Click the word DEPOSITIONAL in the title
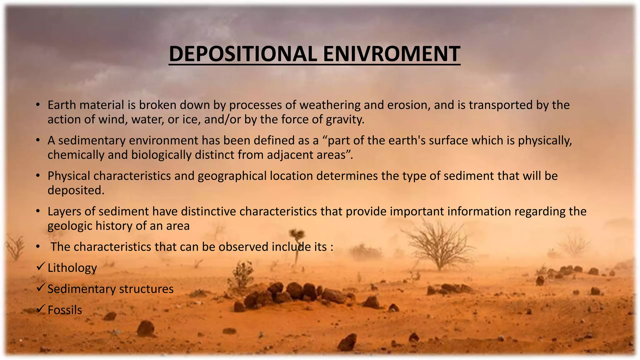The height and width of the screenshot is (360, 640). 244,54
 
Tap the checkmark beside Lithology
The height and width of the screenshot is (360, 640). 41,267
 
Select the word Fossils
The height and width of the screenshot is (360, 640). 65,310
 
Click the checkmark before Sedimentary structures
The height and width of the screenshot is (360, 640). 41,287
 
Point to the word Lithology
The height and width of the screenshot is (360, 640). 72,268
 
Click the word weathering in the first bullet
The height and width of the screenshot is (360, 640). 330,105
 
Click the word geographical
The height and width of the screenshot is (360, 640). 255,176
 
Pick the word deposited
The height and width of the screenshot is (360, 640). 76,190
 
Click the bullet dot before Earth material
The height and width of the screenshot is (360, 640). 37,105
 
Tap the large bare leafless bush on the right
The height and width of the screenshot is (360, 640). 439,244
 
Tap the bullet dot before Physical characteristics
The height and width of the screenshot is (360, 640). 37,176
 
